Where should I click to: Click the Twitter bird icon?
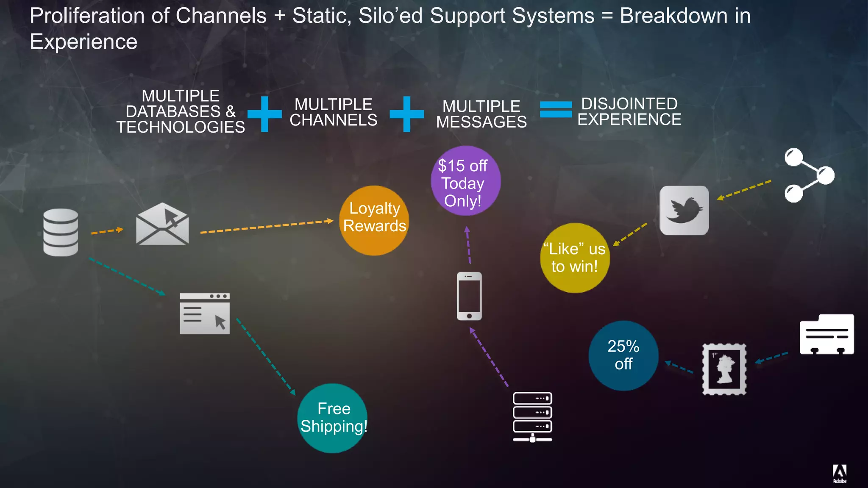pos(684,211)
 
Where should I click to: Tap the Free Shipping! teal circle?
pos(333,418)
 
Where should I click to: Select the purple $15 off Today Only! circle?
pos(465,181)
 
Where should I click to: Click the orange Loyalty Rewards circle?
pos(374,220)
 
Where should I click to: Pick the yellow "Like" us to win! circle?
pos(575,258)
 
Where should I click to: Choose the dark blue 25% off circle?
pos(623,355)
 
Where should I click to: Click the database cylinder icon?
pos(61,232)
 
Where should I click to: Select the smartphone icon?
pos(469,296)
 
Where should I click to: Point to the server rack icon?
pos(532,417)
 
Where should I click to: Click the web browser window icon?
pos(205,313)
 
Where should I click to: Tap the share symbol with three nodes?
pos(808,175)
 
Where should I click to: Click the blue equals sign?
pos(556,109)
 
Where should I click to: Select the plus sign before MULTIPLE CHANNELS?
pos(264,114)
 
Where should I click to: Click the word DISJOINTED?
pos(629,104)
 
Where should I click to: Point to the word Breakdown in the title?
pos(673,16)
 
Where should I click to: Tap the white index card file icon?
pos(826,334)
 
